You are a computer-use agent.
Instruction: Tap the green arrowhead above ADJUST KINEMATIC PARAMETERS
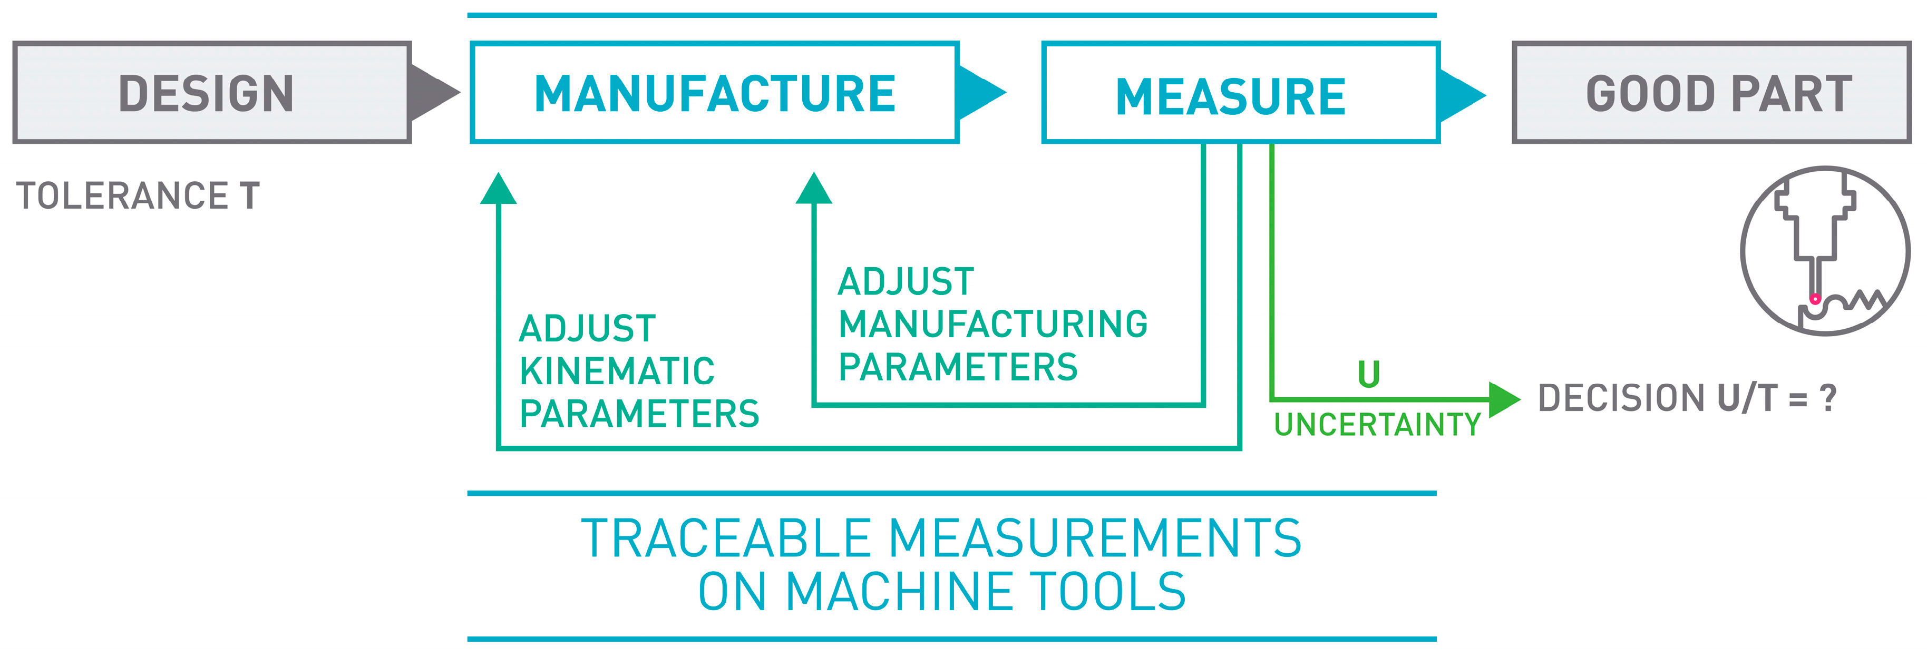tap(498, 189)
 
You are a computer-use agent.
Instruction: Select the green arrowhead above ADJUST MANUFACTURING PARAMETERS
tap(814, 189)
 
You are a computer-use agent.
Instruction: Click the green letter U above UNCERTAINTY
tap(1368, 374)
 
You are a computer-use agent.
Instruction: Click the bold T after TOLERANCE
tap(250, 197)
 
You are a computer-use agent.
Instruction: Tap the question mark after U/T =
tap(1827, 398)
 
